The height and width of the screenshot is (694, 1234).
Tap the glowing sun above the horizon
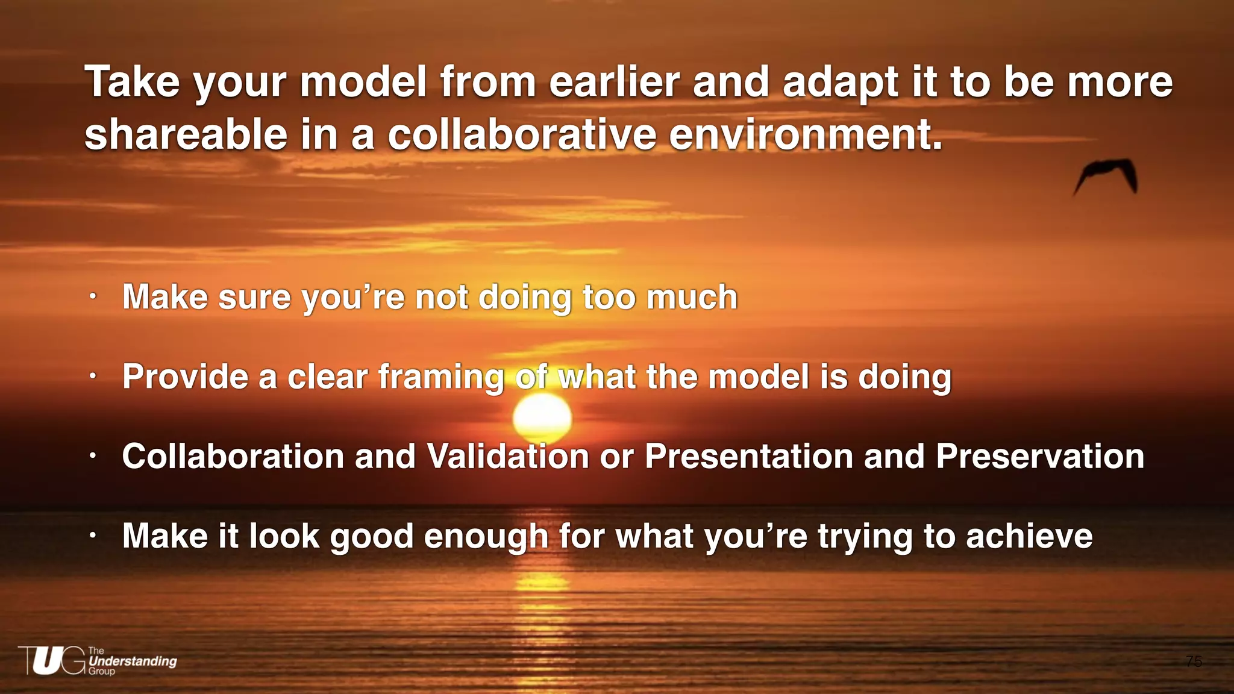[542, 417]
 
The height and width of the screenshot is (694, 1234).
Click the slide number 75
[1194, 661]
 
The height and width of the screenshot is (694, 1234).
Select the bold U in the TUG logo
[47, 661]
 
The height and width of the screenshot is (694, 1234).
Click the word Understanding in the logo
[133, 661]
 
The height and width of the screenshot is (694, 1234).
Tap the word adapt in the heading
[841, 83]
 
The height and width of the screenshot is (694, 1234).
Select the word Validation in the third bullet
[508, 456]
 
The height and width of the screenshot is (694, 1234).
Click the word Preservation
[1040, 456]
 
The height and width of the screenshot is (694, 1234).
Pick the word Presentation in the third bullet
[749, 456]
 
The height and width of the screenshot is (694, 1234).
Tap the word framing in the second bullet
[441, 378]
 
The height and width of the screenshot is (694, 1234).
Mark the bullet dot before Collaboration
[92, 456]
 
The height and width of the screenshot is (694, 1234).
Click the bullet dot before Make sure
[92, 296]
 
